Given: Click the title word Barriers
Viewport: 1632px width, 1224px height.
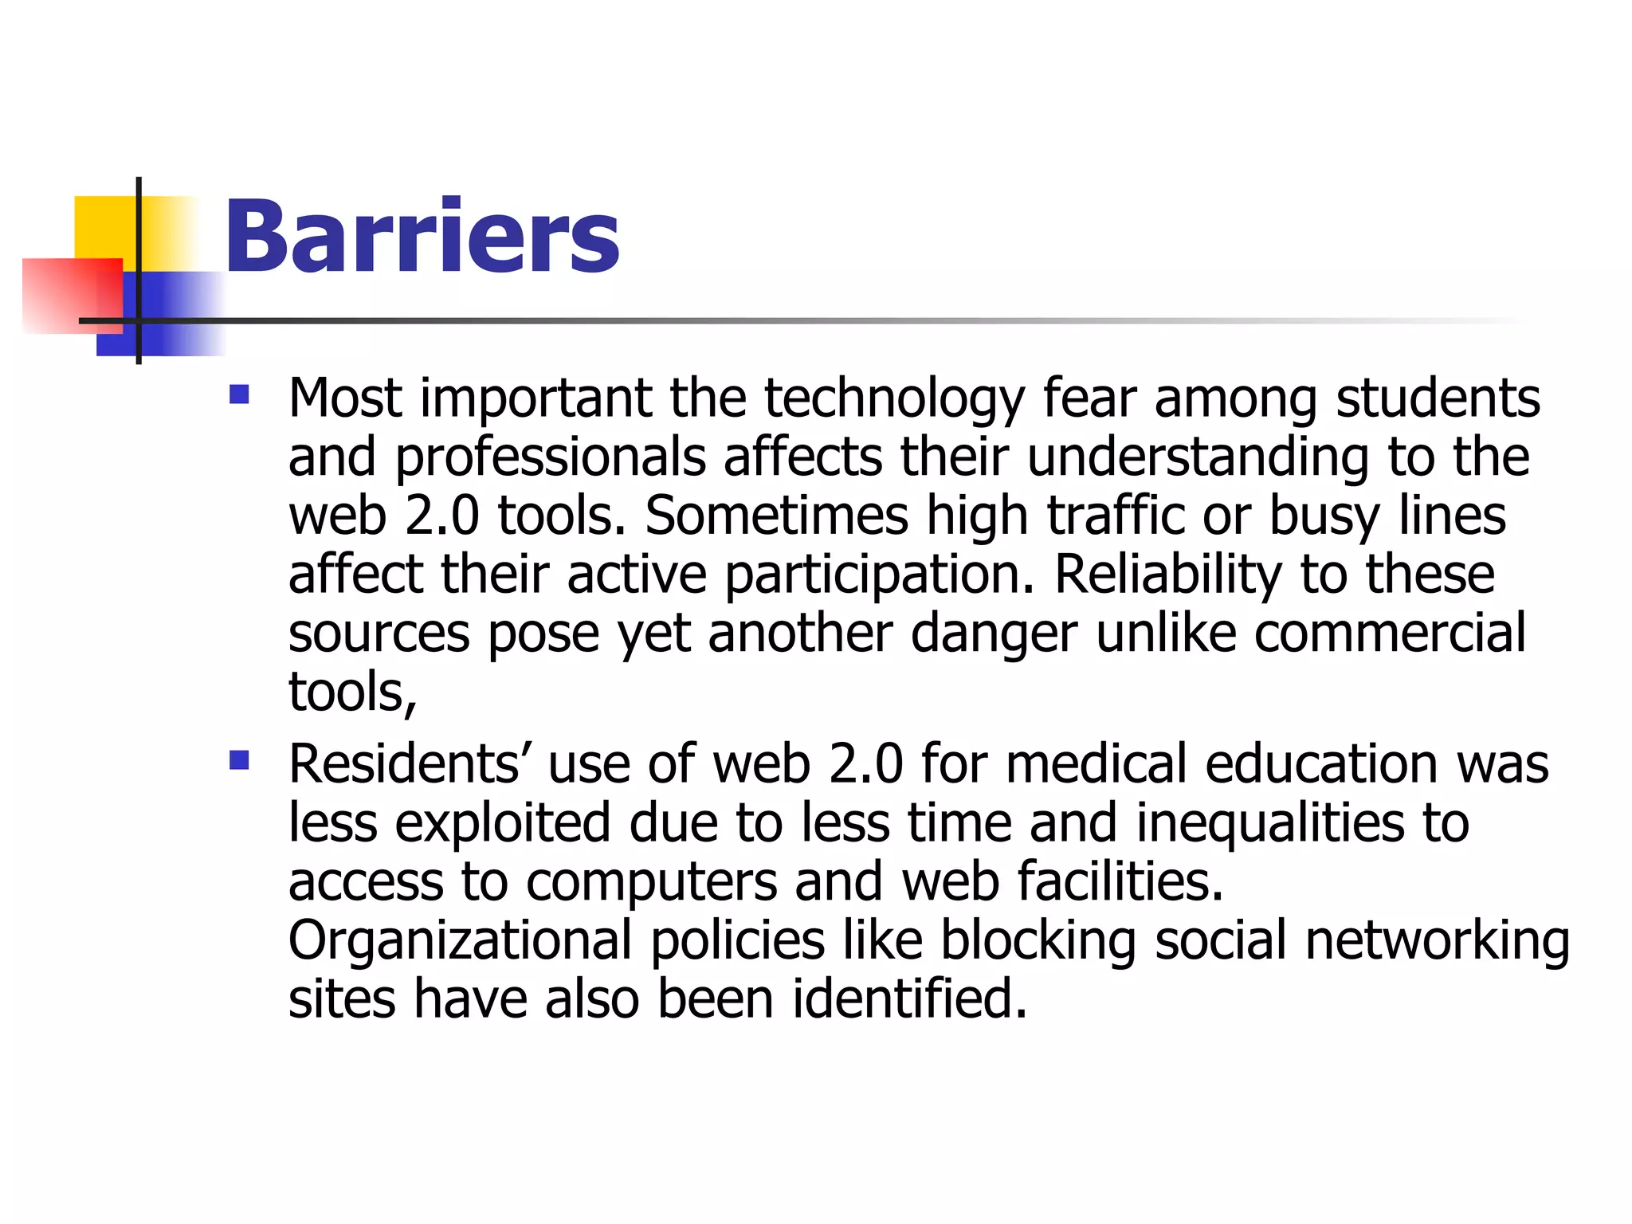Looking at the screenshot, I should tap(422, 237).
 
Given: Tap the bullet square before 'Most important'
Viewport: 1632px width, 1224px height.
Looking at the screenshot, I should tap(239, 394).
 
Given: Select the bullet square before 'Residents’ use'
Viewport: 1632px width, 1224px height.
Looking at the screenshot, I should tap(239, 760).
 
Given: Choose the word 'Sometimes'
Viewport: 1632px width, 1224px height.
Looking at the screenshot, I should tap(776, 516).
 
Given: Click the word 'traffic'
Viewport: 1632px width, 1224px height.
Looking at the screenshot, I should tap(1116, 516).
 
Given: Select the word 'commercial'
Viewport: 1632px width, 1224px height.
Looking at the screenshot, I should tap(1390, 633).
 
